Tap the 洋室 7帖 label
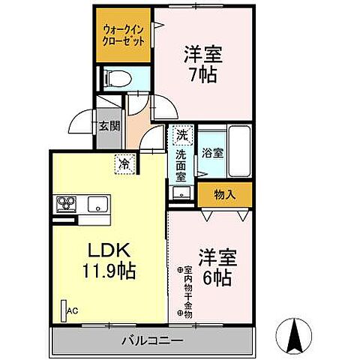click(x=201, y=64)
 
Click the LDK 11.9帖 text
click(x=112, y=259)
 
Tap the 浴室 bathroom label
click(x=212, y=153)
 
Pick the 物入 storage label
click(x=224, y=195)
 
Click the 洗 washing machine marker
click(x=181, y=136)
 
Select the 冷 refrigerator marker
click(x=122, y=161)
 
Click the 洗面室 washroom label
click(x=181, y=165)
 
